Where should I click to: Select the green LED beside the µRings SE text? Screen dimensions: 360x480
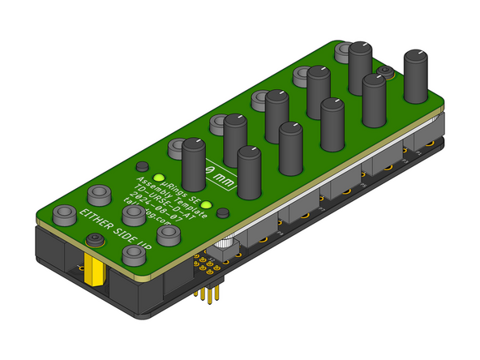(x=159, y=178)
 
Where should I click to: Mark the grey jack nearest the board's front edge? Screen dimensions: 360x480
(x=133, y=255)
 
